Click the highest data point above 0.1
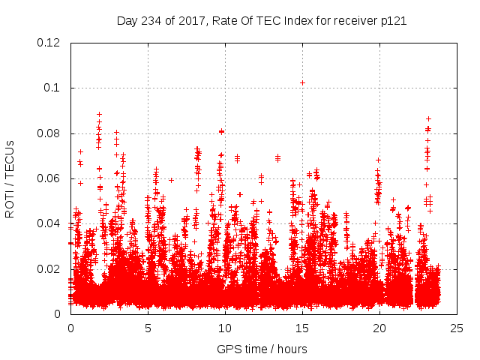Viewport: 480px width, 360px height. pyautogui.click(x=302, y=82)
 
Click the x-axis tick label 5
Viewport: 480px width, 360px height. pyautogui.click(x=148, y=328)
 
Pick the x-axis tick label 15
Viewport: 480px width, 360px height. pyautogui.click(x=302, y=328)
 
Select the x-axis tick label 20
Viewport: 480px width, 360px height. pyautogui.click(x=379, y=328)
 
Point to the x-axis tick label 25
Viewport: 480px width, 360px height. pyautogui.click(x=457, y=328)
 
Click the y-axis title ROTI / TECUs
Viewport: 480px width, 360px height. pyautogui.click(x=10, y=178)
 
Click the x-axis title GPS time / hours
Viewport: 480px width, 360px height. pyautogui.click(x=262, y=349)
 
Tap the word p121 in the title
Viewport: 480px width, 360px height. pyautogui.click(x=392, y=20)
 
